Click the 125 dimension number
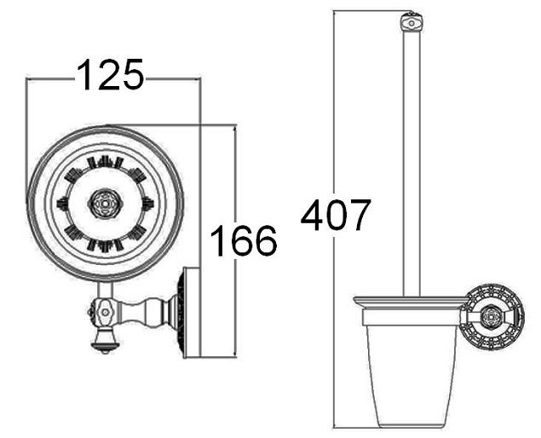click(110, 74)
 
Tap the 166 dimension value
click(244, 240)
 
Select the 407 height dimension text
click(336, 215)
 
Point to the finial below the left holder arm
click(105, 342)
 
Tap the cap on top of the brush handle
click(412, 23)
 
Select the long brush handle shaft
click(412, 164)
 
